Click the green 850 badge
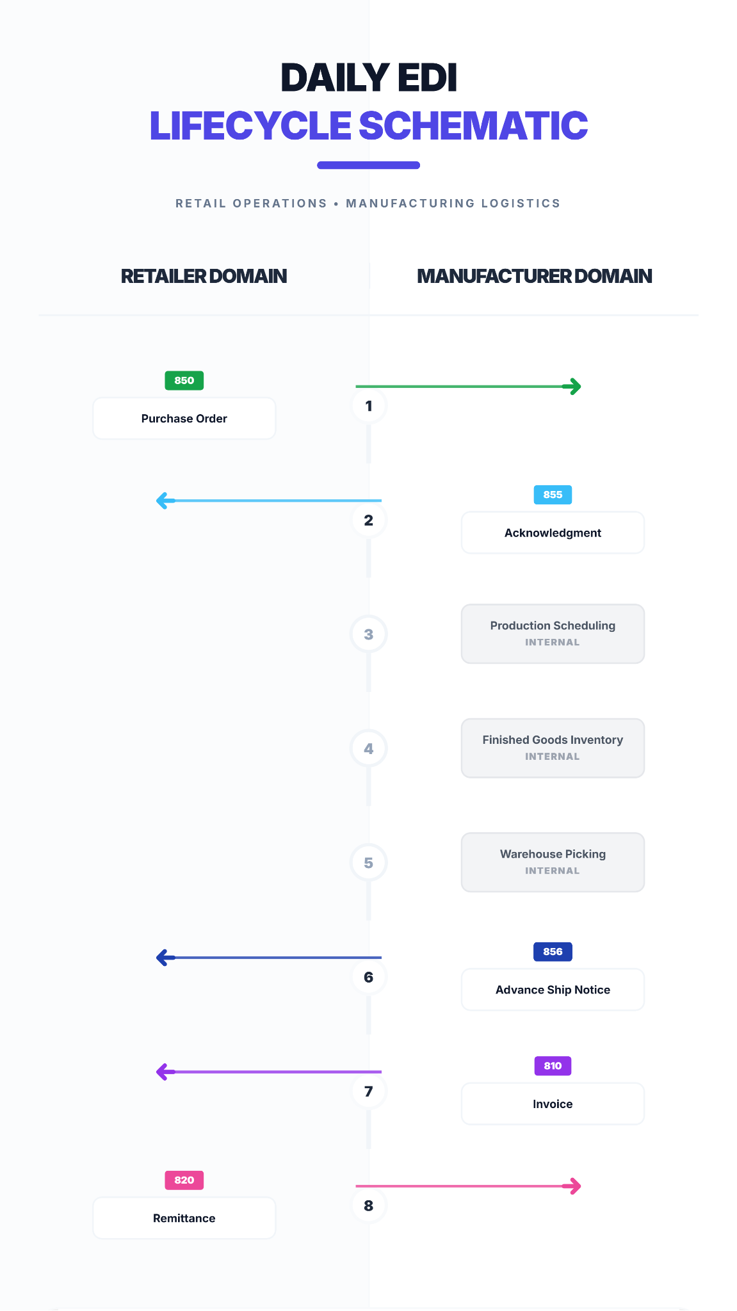[184, 380]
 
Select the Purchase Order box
[184, 419]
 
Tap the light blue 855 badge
[553, 495]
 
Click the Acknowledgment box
[553, 533]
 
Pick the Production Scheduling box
[553, 634]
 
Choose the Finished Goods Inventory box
[553, 748]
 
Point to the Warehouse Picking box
[553, 862]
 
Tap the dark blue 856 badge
[553, 952]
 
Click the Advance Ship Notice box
[553, 990]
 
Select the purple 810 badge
[553, 1066]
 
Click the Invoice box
[553, 1104]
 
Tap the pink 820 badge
[184, 1180]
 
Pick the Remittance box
[184, 1218]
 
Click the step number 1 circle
[369, 406]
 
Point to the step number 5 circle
[369, 863]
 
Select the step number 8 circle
[369, 1206]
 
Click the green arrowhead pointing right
[575, 387]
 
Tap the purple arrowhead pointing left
[163, 1072]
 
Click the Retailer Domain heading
[204, 276]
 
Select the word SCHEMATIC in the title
[473, 125]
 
